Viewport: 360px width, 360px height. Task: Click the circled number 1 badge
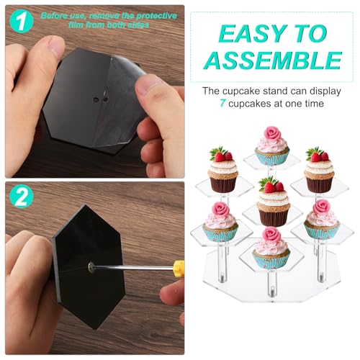(x=22, y=22)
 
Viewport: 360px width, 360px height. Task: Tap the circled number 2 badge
(x=22, y=196)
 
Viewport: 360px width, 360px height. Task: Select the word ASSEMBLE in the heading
(x=274, y=60)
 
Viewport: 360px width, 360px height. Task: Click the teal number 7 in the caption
(x=222, y=104)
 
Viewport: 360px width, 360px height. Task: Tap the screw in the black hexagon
(x=91, y=266)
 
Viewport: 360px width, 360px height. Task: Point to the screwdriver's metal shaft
(x=133, y=266)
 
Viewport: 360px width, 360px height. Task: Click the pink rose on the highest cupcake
(x=272, y=133)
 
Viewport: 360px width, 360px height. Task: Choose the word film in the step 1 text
(x=76, y=25)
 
